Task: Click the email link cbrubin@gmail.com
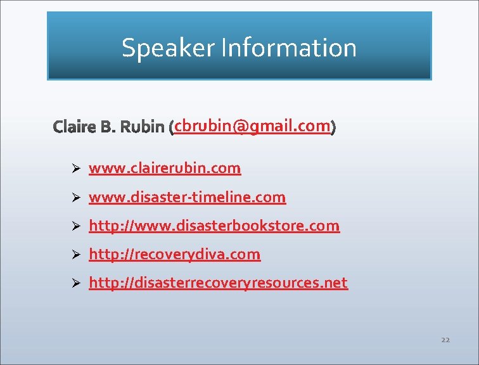pyautogui.click(x=253, y=126)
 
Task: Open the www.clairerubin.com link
pyautogui.click(x=165, y=168)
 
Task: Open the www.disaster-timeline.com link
pyautogui.click(x=187, y=197)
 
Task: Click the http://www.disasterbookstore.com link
pyautogui.click(x=214, y=226)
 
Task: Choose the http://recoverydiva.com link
pyautogui.click(x=174, y=254)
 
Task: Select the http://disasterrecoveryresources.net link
pyautogui.click(x=218, y=283)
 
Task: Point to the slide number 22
pyautogui.click(x=445, y=340)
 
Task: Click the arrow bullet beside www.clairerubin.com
pyautogui.click(x=75, y=169)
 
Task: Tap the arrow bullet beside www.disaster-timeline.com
pyautogui.click(x=75, y=198)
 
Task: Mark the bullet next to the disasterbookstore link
pyautogui.click(x=75, y=226)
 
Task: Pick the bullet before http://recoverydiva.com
pyautogui.click(x=75, y=255)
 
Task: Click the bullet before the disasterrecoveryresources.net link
pyautogui.click(x=75, y=283)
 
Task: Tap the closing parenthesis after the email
pyautogui.click(x=333, y=127)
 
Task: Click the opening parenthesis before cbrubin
pyautogui.click(x=172, y=128)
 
